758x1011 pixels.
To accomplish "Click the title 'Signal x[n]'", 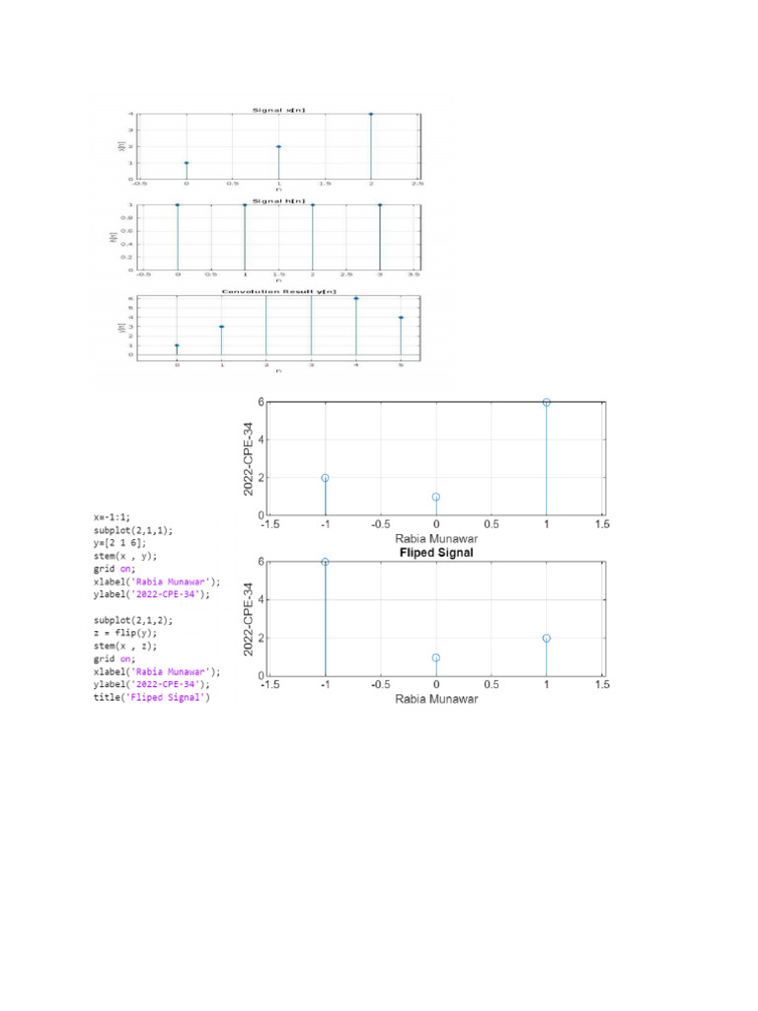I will point(278,110).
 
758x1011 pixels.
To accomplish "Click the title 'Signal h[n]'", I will point(278,200).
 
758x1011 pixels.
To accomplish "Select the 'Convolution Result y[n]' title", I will point(278,292).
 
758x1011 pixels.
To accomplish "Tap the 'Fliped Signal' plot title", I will point(435,554).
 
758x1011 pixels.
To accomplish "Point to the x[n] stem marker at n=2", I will point(371,115).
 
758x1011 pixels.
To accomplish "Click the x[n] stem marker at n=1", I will point(279,146).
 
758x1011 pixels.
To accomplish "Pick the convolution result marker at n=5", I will point(401,317).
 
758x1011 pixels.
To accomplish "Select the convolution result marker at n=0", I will point(177,346).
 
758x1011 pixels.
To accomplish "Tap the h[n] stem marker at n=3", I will point(380,205).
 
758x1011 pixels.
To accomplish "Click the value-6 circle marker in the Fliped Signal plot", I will point(325,562).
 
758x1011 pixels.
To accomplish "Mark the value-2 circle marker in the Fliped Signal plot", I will point(546,638).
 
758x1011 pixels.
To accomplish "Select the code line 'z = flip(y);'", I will point(127,632).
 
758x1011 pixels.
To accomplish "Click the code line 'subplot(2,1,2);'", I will point(133,619).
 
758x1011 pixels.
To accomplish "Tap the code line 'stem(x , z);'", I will point(126,645).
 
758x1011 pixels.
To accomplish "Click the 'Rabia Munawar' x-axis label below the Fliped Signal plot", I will point(435,699).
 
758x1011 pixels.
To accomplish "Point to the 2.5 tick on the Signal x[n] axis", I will point(417,184).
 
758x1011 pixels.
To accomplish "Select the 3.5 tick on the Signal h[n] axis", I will point(414,274).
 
